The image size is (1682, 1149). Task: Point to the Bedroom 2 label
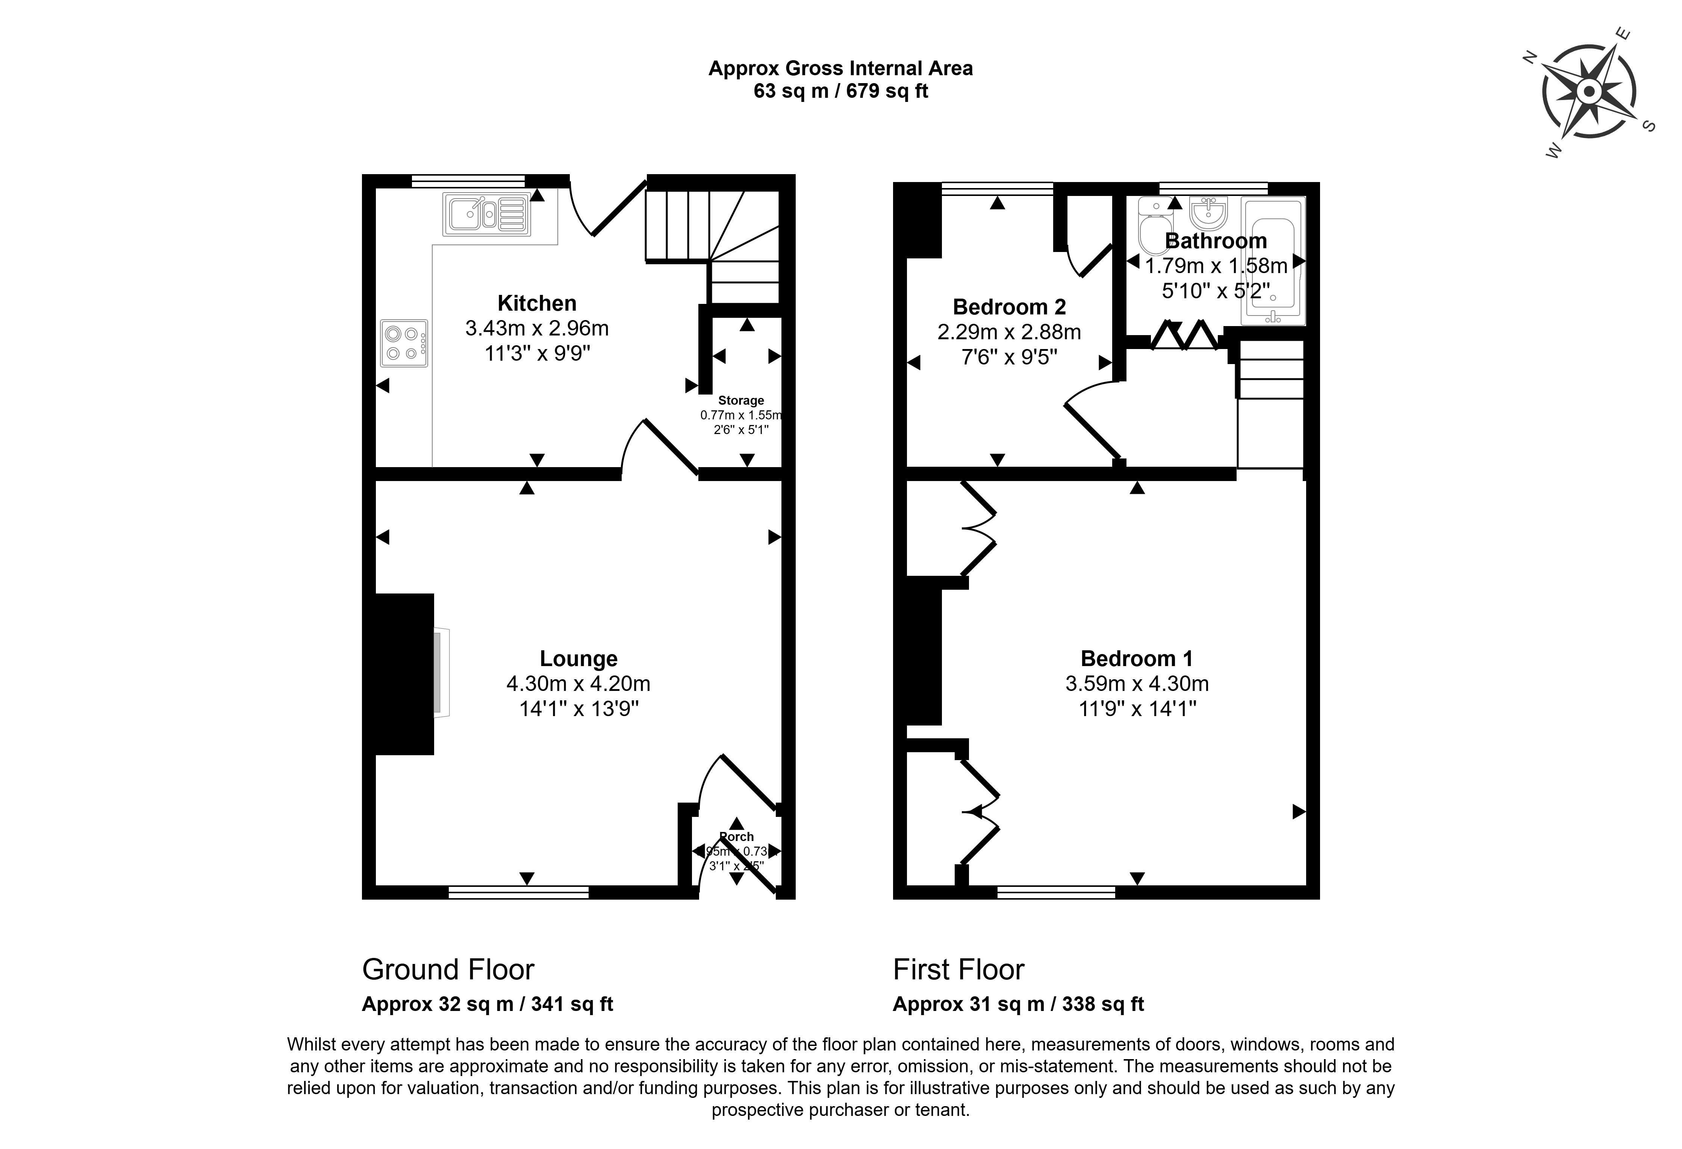(x=1009, y=307)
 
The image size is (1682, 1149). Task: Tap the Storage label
(x=740, y=401)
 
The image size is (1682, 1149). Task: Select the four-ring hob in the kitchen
(x=404, y=343)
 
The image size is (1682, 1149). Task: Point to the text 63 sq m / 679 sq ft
(x=840, y=91)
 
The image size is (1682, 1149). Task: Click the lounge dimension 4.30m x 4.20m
(x=578, y=683)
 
